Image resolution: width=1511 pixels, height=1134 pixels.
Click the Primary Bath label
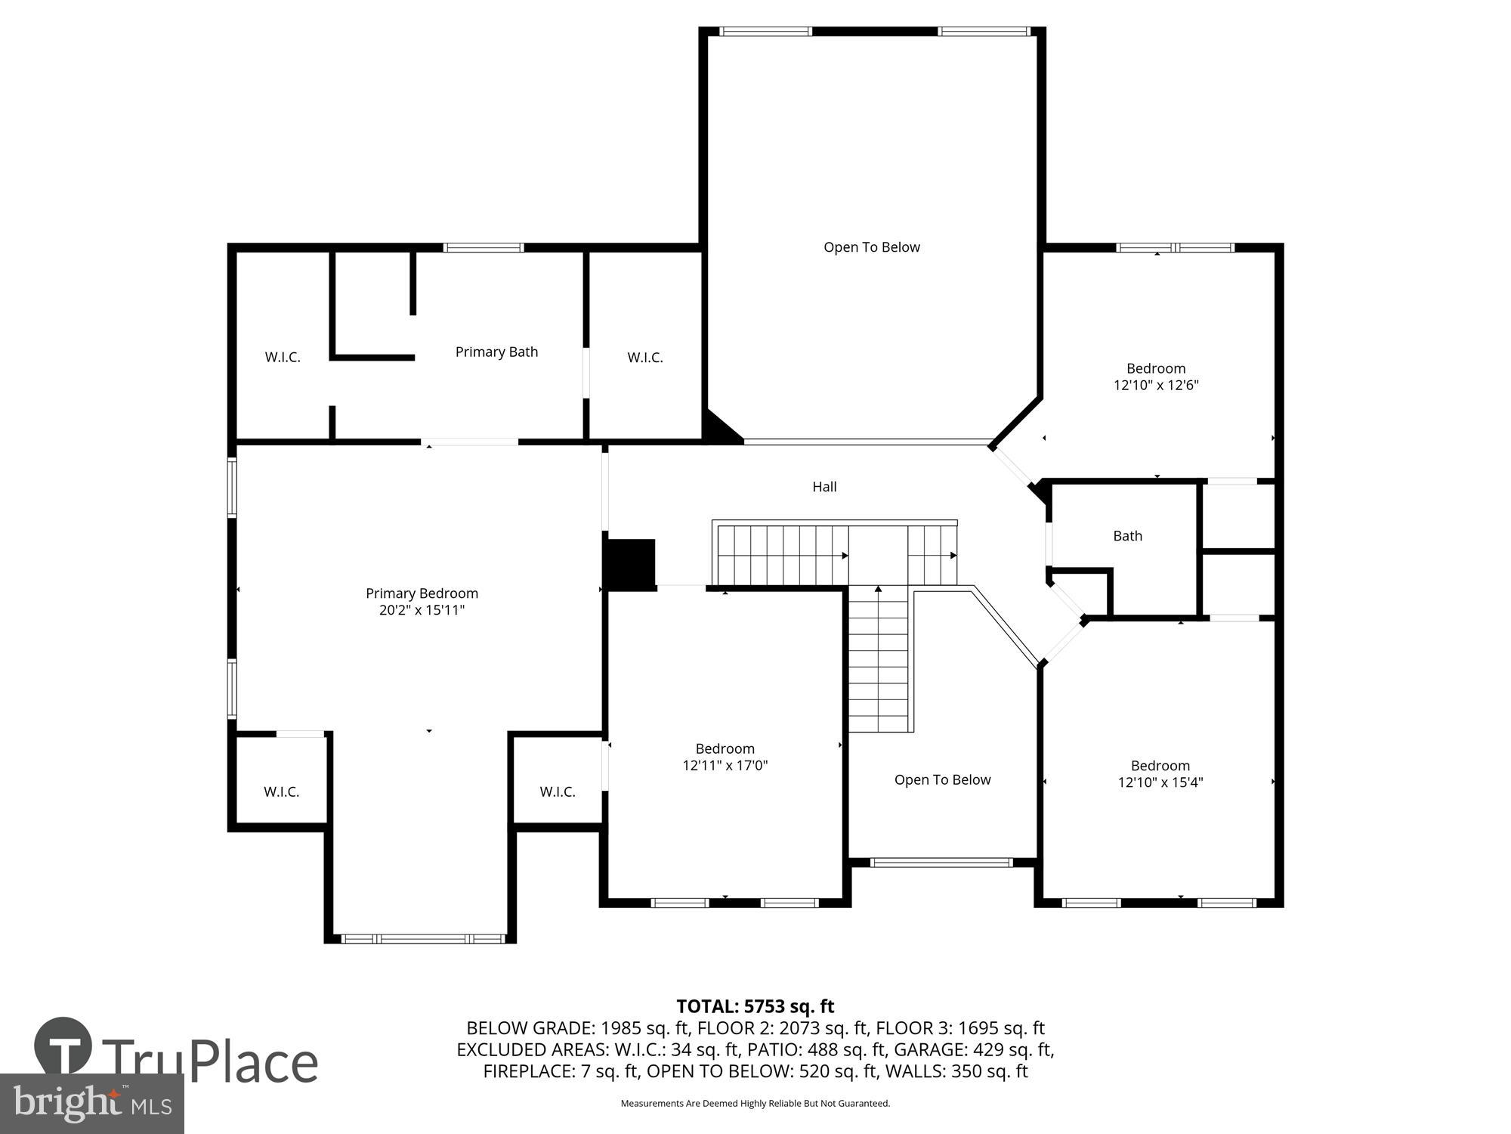click(496, 352)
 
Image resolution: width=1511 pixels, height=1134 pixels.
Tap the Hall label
click(824, 487)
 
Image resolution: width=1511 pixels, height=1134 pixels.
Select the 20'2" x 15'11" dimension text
click(422, 610)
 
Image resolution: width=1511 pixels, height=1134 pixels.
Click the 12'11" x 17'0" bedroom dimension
click(725, 765)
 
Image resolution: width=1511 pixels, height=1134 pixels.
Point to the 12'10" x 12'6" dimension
click(1156, 385)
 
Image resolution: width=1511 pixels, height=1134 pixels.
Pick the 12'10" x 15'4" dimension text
click(1160, 782)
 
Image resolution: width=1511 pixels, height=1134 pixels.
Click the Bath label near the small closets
click(1127, 536)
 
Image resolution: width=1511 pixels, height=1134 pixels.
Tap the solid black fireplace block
click(630, 563)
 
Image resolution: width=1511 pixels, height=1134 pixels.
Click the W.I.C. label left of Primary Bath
click(283, 358)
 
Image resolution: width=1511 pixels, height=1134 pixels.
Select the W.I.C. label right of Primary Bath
click(645, 358)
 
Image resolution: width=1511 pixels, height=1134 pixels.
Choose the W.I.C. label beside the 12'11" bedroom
click(558, 792)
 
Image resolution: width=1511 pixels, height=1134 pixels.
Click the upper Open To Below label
click(871, 247)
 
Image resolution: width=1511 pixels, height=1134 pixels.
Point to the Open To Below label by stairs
click(942, 779)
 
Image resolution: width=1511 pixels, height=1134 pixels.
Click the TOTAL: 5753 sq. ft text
click(755, 1006)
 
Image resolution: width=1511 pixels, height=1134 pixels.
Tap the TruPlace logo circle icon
click(63, 1046)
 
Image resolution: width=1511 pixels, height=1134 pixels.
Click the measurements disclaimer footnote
click(755, 1104)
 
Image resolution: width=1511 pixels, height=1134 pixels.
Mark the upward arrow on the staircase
click(878, 588)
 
